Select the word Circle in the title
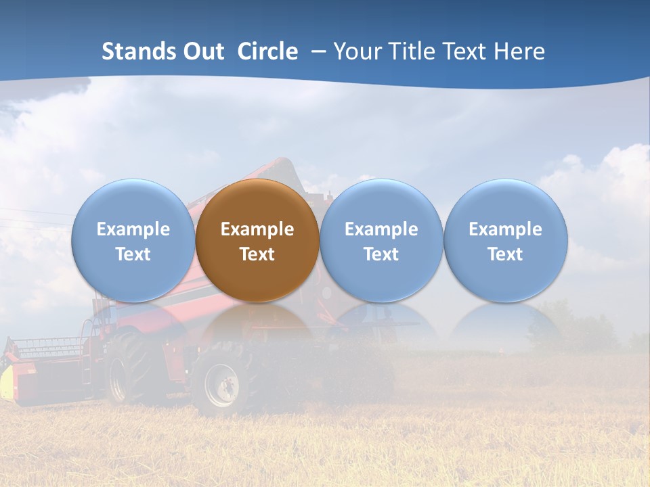[x=267, y=51]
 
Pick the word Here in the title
[x=519, y=51]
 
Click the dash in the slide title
[x=318, y=51]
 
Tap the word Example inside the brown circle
[x=257, y=229]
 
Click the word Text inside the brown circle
[x=257, y=254]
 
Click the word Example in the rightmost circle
[x=506, y=229]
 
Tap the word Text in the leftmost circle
[x=133, y=254]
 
